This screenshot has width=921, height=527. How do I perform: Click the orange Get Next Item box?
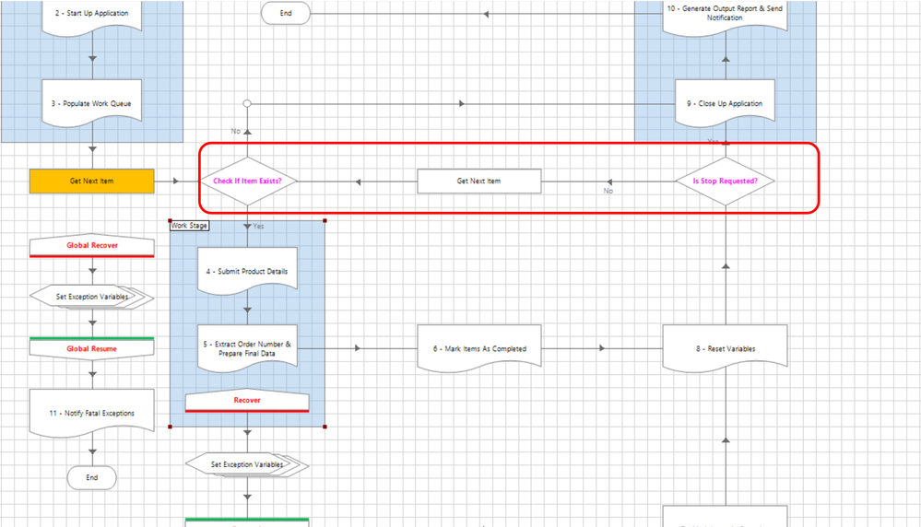click(91, 182)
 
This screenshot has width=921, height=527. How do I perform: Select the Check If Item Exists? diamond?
click(247, 182)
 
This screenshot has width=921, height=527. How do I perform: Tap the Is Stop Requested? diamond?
click(725, 182)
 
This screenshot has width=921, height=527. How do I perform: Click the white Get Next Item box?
click(478, 182)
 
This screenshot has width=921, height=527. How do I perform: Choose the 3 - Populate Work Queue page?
click(91, 104)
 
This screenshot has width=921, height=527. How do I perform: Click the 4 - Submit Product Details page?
click(247, 271)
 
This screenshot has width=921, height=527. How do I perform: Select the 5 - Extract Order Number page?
click(247, 349)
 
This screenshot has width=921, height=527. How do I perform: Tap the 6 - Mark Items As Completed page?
click(478, 348)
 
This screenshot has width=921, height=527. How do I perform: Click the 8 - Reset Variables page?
click(725, 348)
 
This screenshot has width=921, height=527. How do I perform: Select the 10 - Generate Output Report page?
click(725, 14)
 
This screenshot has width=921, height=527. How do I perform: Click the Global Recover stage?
click(91, 246)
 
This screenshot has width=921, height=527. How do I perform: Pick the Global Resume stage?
click(91, 349)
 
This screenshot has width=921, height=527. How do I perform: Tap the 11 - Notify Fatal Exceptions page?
click(91, 413)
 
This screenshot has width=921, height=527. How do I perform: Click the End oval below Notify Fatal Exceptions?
click(91, 477)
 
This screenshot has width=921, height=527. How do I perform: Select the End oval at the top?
click(285, 13)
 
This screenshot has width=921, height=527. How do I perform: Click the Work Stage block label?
click(190, 226)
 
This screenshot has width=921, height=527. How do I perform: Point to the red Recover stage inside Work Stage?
click(247, 401)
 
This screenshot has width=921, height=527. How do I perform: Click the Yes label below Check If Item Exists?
click(258, 226)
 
